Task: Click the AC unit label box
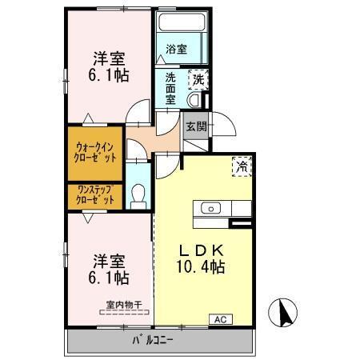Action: click(x=221, y=319)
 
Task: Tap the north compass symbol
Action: click(x=282, y=311)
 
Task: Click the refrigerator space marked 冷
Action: click(x=242, y=166)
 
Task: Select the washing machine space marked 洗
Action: click(x=198, y=79)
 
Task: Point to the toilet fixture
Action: click(x=138, y=197)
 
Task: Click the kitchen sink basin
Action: click(x=210, y=208)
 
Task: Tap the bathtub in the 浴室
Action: click(x=182, y=22)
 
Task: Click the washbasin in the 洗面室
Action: click(x=194, y=100)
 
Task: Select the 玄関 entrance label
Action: click(x=197, y=126)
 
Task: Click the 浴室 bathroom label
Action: click(x=176, y=49)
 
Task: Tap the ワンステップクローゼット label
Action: click(x=95, y=195)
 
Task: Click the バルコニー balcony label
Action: click(x=153, y=340)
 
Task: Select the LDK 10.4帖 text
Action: click(x=201, y=258)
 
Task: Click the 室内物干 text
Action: click(x=124, y=305)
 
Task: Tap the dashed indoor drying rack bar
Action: click(x=124, y=312)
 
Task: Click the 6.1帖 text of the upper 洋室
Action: click(x=109, y=75)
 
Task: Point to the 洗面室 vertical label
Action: click(x=170, y=89)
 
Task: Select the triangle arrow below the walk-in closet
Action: click(x=88, y=218)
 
